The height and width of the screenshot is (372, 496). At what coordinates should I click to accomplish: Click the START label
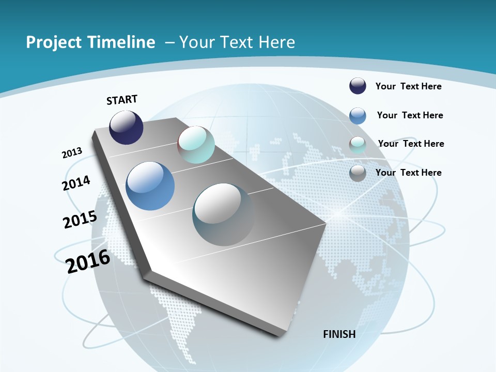tap(122, 100)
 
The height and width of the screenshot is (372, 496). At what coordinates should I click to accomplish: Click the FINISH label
tap(339, 334)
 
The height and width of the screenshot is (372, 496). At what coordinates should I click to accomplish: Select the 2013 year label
tap(72, 153)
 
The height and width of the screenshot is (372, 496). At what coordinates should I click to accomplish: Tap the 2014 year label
tap(76, 183)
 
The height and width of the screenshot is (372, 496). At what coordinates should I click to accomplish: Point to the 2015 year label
tap(80, 220)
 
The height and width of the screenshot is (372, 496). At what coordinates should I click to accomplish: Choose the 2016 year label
tap(88, 261)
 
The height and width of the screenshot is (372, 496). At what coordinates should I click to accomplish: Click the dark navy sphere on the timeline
tap(126, 128)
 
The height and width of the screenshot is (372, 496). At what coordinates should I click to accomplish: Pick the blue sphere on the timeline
tap(150, 186)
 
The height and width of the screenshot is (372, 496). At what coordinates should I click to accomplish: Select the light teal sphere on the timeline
tap(196, 145)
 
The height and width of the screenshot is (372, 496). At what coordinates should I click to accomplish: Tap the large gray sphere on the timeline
tap(223, 214)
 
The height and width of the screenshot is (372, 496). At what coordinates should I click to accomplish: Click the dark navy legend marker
tap(358, 86)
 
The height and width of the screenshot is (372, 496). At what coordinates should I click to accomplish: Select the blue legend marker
tap(358, 116)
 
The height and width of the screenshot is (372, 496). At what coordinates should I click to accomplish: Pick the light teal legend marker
tap(358, 145)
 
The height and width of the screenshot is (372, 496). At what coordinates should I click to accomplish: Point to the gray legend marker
tap(358, 173)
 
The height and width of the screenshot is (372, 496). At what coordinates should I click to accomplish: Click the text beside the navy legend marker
tap(408, 86)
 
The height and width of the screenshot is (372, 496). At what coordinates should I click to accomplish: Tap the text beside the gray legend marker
tap(408, 173)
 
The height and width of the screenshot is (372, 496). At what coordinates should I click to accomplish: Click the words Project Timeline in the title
tap(90, 42)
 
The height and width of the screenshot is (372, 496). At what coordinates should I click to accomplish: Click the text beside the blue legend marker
tap(410, 115)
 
